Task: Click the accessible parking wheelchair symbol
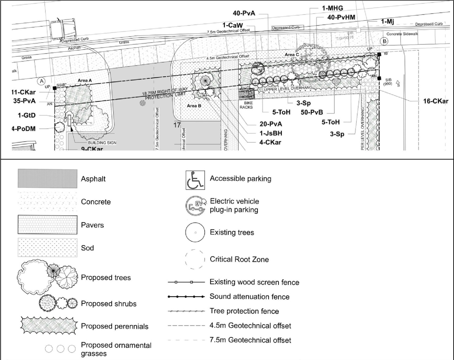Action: pyautogui.click(x=195, y=180)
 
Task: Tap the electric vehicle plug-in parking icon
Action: pyautogui.click(x=195, y=206)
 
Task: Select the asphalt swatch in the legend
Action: pyautogui.click(x=47, y=178)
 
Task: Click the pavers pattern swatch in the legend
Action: pyautogui.click(x=47, y=225)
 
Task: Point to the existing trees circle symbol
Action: pyautogui.click(x=195, y=233)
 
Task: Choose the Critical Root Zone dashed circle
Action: pyautogui.click(x=195, y=260)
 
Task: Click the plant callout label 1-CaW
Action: pyautogui.click(x=233, y=25)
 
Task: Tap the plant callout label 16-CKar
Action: pyautogui.click(x=435, y=101)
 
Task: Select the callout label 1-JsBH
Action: pyautogui.click(x=271, y=133)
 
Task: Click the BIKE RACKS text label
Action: pyautogui.click(x=246, y=105)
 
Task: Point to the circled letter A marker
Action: pyautogui.click(x=41, y=81)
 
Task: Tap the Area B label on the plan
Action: pyautogui.click(x=194, y=106)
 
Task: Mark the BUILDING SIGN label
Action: pyautogui.click(x=102, y=143)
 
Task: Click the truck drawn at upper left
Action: pyautogui.click(x=63, y=29)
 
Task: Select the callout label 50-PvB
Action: pyautogui.click(x=311, y=112)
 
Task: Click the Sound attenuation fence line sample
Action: pyautogui.click(x=186, y=297)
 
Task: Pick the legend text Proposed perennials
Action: pyautogui.click(x=115, y=326)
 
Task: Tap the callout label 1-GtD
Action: pyautogui.click(x=27, y=116)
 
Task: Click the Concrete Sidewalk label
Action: pyautogui.click(x=402, y=34)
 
